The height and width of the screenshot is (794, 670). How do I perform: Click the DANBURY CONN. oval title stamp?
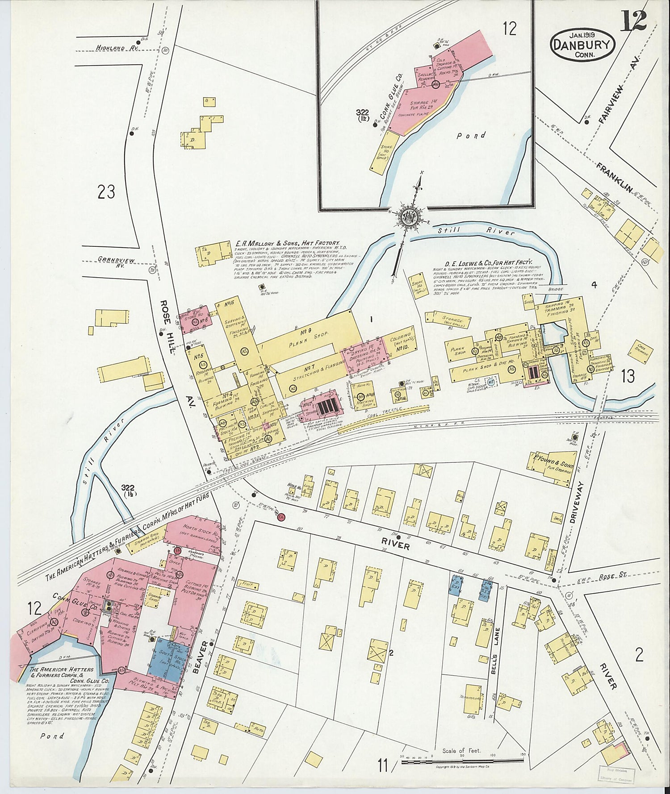582,45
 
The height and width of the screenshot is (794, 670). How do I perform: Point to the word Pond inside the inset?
472,135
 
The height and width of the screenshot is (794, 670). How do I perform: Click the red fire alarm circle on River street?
281,517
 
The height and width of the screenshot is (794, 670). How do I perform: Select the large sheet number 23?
106,192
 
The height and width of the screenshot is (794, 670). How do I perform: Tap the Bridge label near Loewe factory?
557,289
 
